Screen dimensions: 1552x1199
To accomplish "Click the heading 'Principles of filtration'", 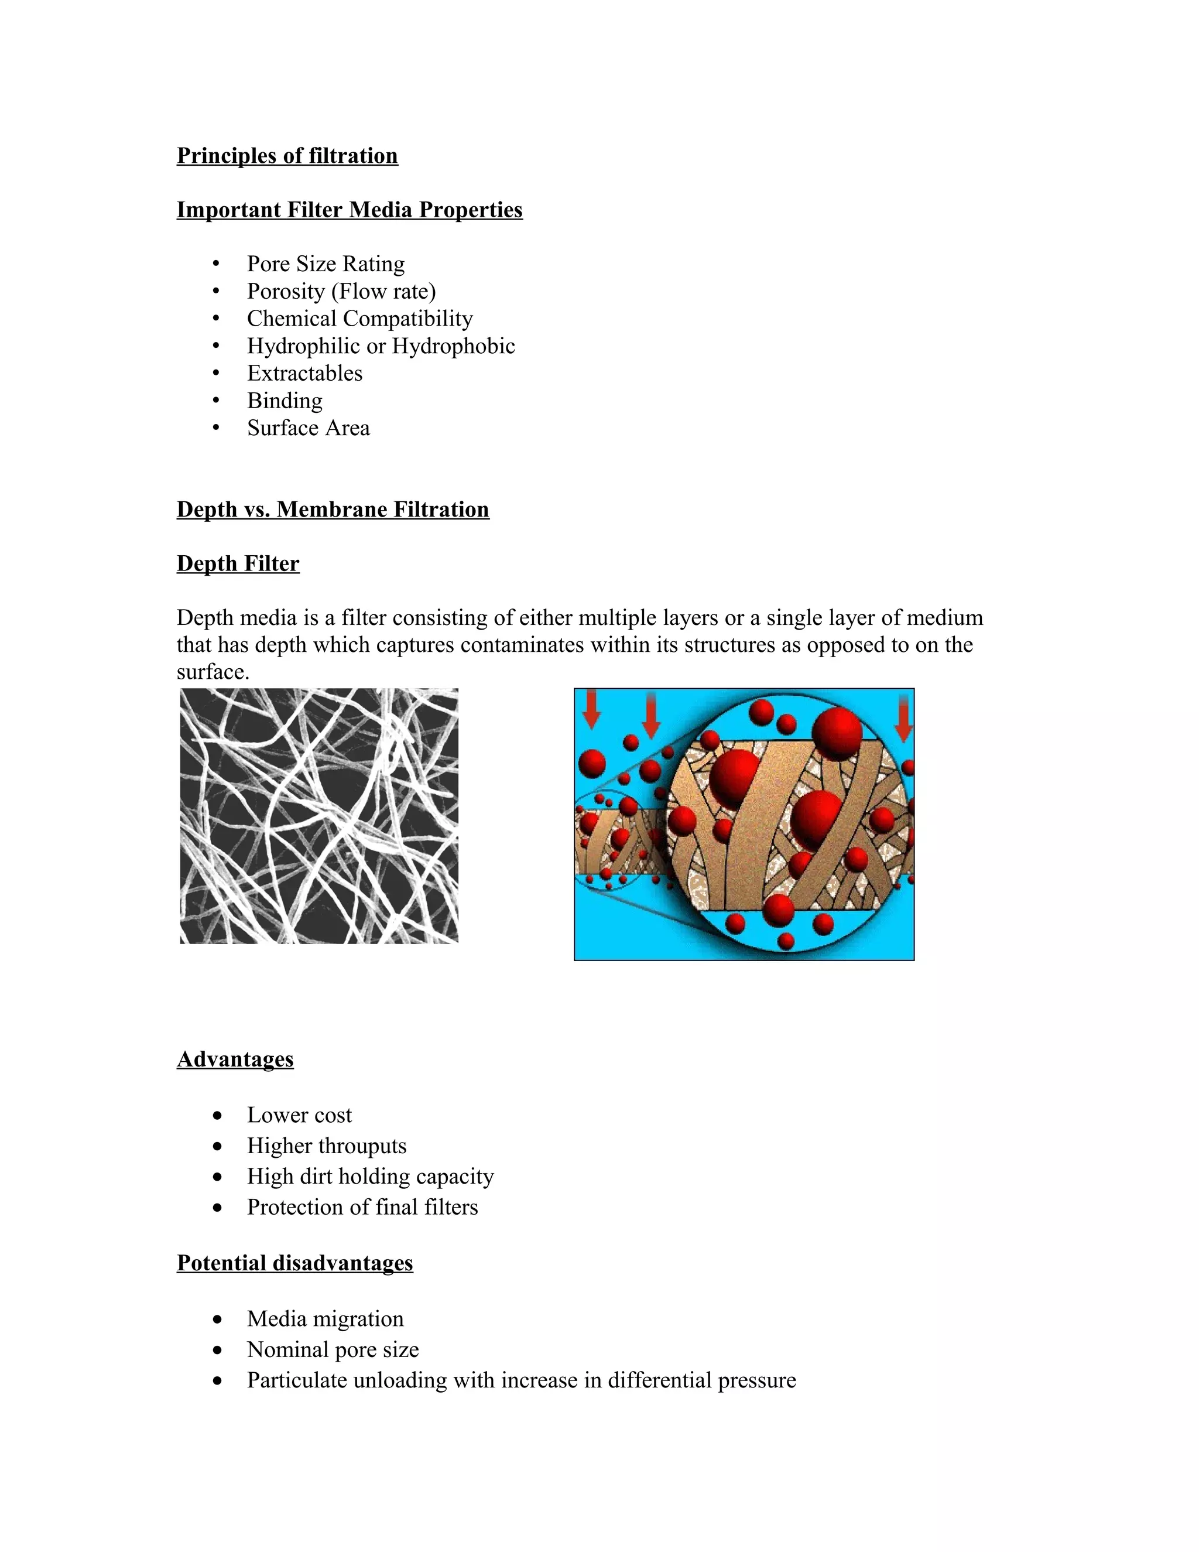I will pos(287,156).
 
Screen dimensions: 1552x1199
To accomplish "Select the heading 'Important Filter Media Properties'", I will pos(350,210).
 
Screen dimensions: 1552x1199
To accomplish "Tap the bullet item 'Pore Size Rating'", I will pos(326,264).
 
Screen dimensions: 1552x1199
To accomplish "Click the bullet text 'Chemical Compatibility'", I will pos(359,319).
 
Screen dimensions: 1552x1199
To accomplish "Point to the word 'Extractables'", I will pos(304,373).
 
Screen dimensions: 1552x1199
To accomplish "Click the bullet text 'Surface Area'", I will pos(309,428).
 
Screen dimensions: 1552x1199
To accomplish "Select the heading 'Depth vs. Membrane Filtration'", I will pos(333,510).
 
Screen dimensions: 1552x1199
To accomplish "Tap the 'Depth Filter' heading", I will pos(238,563).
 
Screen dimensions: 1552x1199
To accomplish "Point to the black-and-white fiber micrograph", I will pos(319,816).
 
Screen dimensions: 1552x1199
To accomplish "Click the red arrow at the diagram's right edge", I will pos(903,718).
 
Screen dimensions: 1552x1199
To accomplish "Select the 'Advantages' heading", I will pos(235,1059).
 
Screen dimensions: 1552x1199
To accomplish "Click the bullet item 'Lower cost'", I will pos(299,1115).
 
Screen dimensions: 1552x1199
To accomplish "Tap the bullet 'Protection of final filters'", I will pos(362,1206).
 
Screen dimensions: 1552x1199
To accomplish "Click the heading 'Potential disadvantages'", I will pos(295,1263).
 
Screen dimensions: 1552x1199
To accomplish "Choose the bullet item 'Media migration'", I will pos(324,1318).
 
